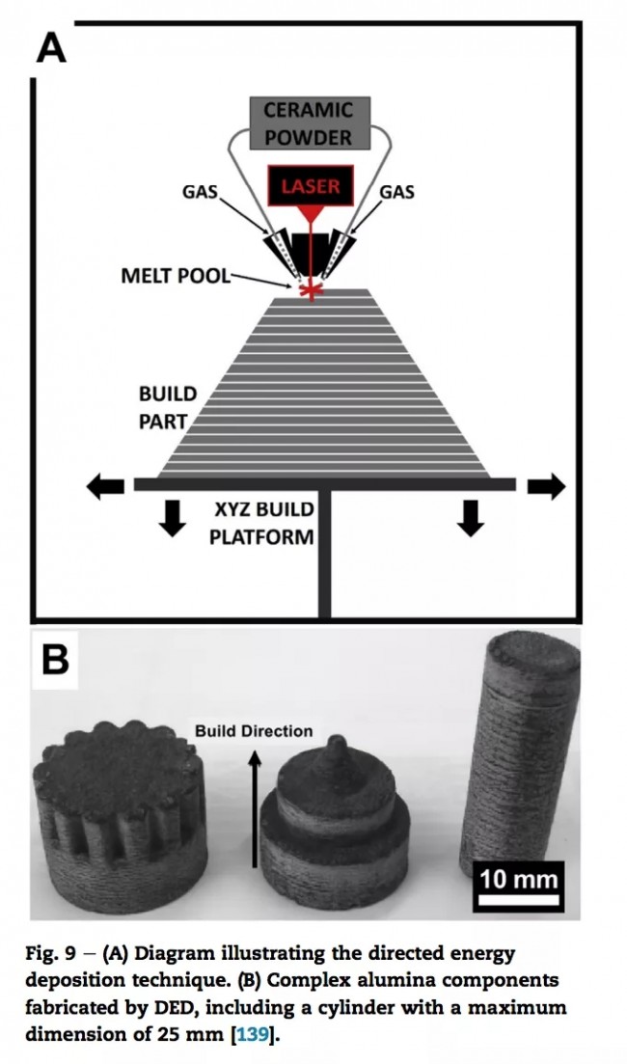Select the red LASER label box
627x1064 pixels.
(x=311, y=185)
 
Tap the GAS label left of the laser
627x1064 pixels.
(x=200, y=191)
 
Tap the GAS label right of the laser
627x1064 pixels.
(x=395, y=191)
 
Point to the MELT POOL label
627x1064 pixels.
(x=175, y=276)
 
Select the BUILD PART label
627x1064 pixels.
(x=167, y=407)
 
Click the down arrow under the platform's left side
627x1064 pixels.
(x=173, y=517)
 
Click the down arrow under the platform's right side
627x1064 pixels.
(x=470, y=517)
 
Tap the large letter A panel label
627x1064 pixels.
(x=51, y=48)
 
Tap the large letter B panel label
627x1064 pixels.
(x=56, y=663)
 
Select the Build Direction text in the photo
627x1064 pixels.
(x=254, y=731)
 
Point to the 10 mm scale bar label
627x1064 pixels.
(x=519, y=880)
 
